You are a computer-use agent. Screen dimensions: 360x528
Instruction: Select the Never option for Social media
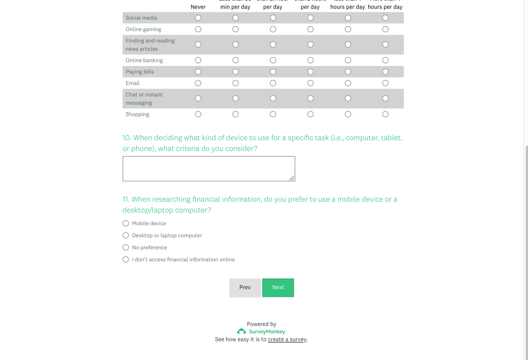tap(198, 18)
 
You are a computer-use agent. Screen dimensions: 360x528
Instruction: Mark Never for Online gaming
tap(198, 29)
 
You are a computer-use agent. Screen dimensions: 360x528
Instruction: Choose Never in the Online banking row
tap(198, 60)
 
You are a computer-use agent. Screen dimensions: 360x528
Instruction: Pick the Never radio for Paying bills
tap(198, 72)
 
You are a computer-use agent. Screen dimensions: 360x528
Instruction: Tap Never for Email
tap(198, 83)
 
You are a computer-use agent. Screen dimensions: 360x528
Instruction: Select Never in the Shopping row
tap(198, 114)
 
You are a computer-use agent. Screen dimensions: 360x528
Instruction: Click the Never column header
tap(198, 7)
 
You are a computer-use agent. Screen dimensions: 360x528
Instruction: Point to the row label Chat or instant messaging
tap(144, 99)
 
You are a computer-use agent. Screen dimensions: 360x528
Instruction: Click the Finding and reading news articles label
tap(150, 45)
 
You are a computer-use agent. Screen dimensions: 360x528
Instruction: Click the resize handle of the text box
tap(292, 178)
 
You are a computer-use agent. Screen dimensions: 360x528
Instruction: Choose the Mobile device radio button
tap(126, 223)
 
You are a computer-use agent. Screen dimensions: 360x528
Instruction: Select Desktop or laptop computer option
tap(126, 235)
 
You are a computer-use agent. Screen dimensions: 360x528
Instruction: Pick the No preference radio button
tap(126, 247)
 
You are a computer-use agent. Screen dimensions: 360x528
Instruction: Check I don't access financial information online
tap(126, 259)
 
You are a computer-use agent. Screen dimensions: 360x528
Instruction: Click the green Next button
tap(278, 288)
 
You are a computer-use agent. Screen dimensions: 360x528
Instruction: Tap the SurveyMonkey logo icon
tap(241, 331)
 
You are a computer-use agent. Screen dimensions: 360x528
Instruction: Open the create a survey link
tap(287, 340)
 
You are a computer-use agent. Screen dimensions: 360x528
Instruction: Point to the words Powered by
tap(261, 324)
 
